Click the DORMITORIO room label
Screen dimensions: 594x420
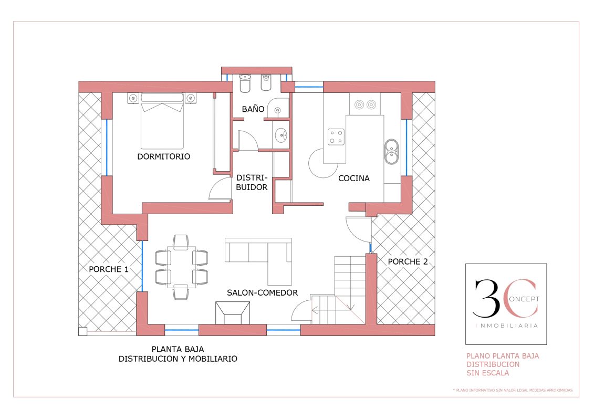pos(164,156)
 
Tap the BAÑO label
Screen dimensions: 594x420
pos(253,109)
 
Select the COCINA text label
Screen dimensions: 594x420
pos(354,178)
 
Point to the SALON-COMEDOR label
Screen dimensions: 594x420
pos(262,293)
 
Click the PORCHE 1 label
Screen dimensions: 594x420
pos(109,269)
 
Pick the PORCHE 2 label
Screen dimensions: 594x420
pos(408,261)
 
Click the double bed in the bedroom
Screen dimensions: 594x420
pos(162,121)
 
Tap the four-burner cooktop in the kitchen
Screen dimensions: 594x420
pos(336,136)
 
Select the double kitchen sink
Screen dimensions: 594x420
pos(391,152)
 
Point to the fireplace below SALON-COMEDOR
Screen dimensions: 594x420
pos(233,313)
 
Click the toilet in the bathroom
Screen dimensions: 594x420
pos(245,83)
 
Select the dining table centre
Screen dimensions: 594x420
pos(182,267)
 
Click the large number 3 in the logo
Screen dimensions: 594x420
pos(487,298)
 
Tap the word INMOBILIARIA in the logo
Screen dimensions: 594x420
pos(506,325)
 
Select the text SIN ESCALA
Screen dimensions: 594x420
pos(487,373)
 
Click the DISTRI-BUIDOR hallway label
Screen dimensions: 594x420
pos(252,183)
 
